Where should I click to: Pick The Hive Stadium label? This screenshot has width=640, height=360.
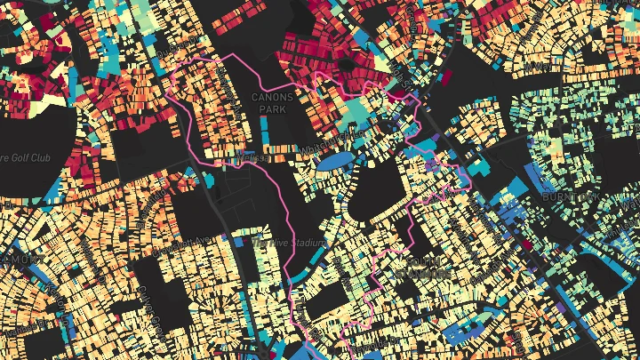pyautogui.click(x=290, y=242)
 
